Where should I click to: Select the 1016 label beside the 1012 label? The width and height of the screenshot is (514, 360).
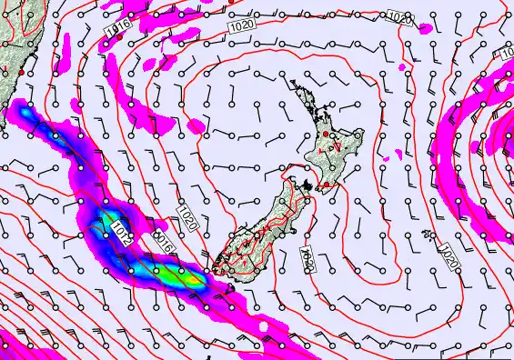[164, 243]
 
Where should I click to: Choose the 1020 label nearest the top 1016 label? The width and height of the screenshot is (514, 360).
[241, 26]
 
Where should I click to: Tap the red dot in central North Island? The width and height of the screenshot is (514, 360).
[326, 135]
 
